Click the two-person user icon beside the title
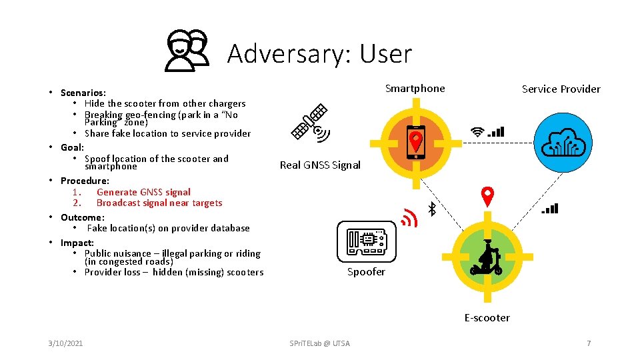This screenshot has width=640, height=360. pyautogui.click(x=187, y=51)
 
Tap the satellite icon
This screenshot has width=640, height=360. pyautogui.click(x=311, y=123)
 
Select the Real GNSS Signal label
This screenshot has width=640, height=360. pyautogui.click(x=320, y=165)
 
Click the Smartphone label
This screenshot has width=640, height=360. pyautogui.click(x=415, y=89)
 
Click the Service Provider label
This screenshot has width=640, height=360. pyautogui.click(x=561, y=89)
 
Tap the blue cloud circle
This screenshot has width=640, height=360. pyautogui.click(x=564, y=143)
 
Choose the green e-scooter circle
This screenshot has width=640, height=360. pyautogui.click(x=487, y=255)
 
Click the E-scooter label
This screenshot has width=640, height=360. pyautogui.click(x=487, y=318)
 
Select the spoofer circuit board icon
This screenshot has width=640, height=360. pyautogui.click(x=366, y=240)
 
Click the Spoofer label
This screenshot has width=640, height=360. pyautogui.click(x=366, y=272)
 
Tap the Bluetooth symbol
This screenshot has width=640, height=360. pyautogui.click(x=431, y=209)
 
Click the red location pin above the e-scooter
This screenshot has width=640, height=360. pyautogui.click(x=488, y=196)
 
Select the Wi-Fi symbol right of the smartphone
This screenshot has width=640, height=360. pyautogui.click(x=477, y=132)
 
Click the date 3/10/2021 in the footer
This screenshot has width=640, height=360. pyautogui.click(x=65, y=343)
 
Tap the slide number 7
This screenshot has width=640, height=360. pyautogui.click(x=589, y=343)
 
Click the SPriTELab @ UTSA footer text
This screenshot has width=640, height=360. pyautogui.click(x=319, y=343)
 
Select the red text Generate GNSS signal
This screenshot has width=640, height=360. pyautogui.click(x=143, y=192)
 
